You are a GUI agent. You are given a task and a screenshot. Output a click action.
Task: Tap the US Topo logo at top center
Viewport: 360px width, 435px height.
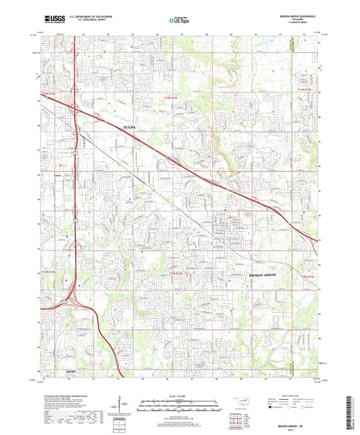click(x=180, y=20)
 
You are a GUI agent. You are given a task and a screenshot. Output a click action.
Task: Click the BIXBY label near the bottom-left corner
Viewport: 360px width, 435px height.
click(x=53, y=371)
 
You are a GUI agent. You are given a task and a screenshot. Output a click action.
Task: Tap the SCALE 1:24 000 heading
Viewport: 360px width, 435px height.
click(x=180, y=396)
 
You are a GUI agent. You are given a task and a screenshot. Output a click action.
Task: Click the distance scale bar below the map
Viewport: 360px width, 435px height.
click(x=180, y=404)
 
